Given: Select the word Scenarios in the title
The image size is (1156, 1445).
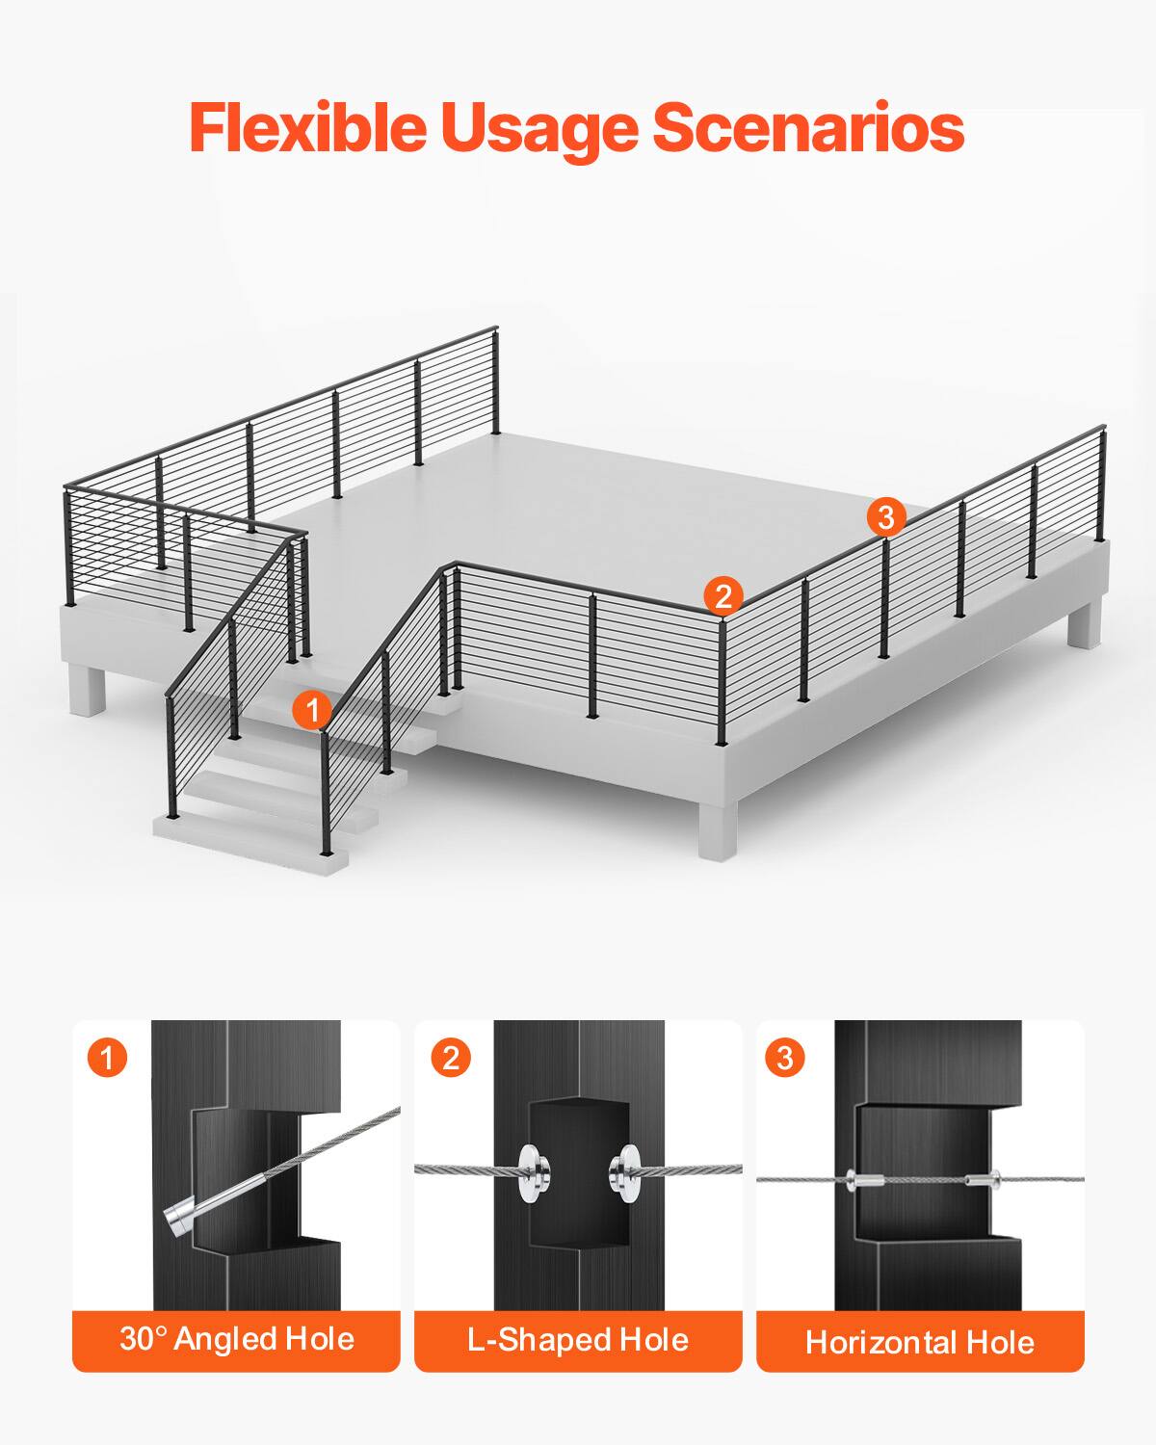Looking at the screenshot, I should point(807,127).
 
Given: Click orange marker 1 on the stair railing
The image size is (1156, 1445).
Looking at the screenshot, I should point(311,711).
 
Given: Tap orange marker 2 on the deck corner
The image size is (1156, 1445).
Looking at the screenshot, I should point(722,595).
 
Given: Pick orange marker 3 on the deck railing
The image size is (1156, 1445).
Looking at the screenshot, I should point(885,517).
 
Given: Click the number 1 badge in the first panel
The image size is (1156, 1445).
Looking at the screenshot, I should point(107,1058).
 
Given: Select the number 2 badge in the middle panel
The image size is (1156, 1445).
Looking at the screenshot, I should point(449,1058).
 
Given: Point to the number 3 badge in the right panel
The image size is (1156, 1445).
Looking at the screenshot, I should point(784,1058).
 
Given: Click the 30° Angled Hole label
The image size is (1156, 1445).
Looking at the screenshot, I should point(236,1339).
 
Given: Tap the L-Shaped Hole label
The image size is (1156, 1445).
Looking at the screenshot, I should point(578,1339).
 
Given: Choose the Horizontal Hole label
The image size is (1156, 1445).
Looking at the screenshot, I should point(919,1342).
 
